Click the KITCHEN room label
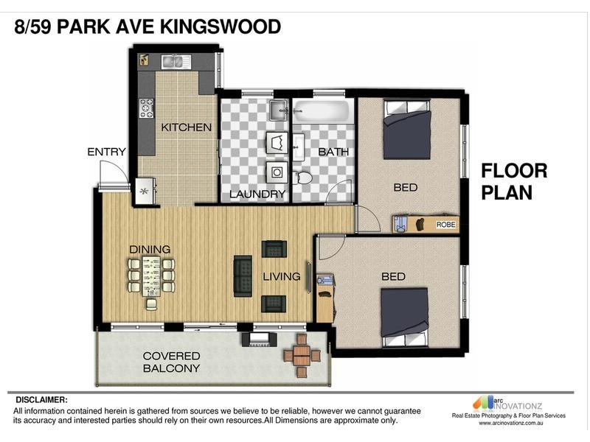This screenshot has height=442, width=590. click(x=187, y=127)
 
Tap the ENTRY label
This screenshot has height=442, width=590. click(x=106, y=152)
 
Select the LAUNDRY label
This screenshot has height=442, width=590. click(x=257, y=194)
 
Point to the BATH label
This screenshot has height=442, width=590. click(x=333, y=152)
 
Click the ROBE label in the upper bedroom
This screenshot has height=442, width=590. click(x=446, y=224)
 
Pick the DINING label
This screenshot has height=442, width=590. click(x=150, y=249)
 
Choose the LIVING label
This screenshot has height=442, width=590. click(x=282, y=277)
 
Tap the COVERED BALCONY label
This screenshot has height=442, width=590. click(x=171, y=362)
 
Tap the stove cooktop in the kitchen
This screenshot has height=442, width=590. click(x=145, y=108)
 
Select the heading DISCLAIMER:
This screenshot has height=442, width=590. click(x=41, y=400)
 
